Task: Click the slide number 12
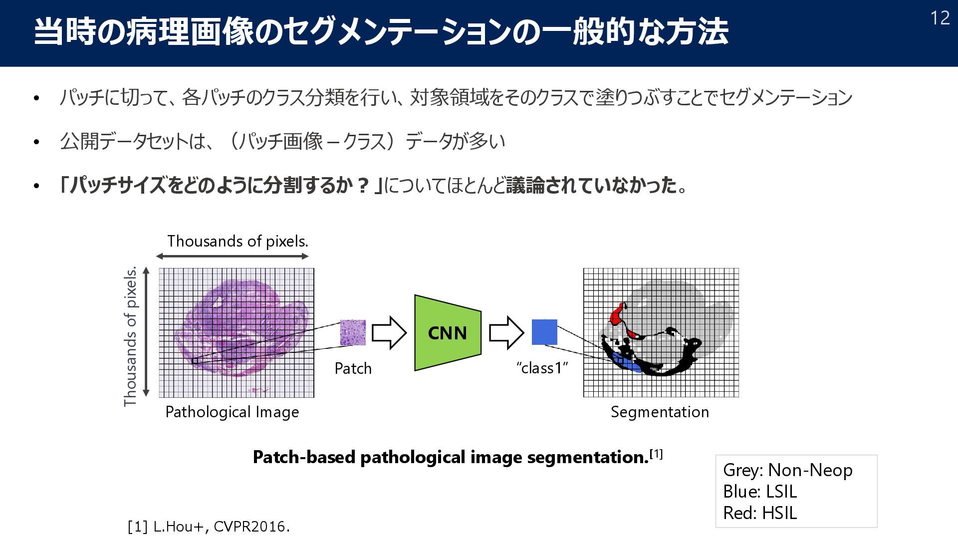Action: click(940, 18)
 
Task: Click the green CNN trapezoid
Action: click(448, 333)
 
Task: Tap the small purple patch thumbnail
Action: click(353, 332)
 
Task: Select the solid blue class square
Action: click(544, 332)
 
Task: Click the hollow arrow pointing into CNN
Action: click(389, 332)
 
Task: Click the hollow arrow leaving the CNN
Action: click(506, 332)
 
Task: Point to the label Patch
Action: click(353, 368)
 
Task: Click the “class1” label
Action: click(542, 368)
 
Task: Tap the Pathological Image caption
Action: click(232, 412)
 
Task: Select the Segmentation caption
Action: click(660, 412)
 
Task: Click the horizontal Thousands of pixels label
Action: click(238, 241)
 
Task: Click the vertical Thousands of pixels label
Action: click(130, 337)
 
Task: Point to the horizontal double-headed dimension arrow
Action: click(233, 257)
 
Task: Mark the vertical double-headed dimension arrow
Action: click(146, 332)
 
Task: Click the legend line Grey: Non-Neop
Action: click(787, 470)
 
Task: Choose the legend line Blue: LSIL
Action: click(759, 492)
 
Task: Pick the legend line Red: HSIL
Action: click(759, 513)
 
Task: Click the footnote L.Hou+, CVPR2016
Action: click(209, 527)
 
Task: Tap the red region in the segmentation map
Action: click(617, 313)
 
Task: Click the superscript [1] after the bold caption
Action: click(656, 454)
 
